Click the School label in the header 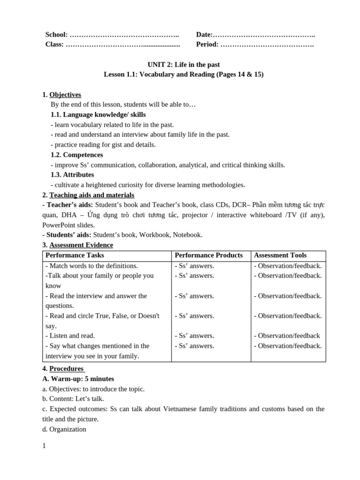pyautogui.click(x=56, y=35)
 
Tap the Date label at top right pyautogui.click(x=204, y=35)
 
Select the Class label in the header pyautogui.click(x=54, y=45)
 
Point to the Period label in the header pyautogui.click(x=207, y=45)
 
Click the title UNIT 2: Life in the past pyautogui.click(x=183, y=65)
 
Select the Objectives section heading pyautogui.click(x=65, y=95)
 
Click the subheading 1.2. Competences pyautogui.click(x=76, y=155)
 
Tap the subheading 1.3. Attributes pyautogui.click(x=72, y=175)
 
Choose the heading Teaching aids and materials pyautogui.click(x=91, y=195)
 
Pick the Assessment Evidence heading pyautogui.click(x=81, y=245)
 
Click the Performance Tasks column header pyautogui.click(x=75, y=255)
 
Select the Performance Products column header pyautogui.click(x=209, y=255)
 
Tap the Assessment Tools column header pyautogui.click(x=280, y=255)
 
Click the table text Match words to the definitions pyautogui.click(x=92, y=266)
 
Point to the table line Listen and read pyautogui.click(x=70, y=336)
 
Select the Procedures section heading pyautogui.click(x=67, y=368)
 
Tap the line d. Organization pyautogui.click(x=64, y=429)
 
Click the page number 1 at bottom pyautogui.click(x=44, y=446)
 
